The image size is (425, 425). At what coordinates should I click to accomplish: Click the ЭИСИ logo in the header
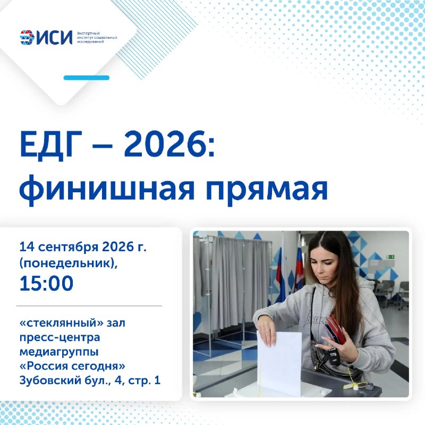[x=46, y=37]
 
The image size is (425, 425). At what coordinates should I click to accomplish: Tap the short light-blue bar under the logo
[x=87, y=78]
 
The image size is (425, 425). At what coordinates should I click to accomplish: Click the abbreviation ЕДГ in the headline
[x=50, y=144]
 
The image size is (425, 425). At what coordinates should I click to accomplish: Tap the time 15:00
[x=46, y=283]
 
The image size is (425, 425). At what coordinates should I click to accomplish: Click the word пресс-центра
[x=60, y=338]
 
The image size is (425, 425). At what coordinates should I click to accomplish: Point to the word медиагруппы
[x=59, y=352]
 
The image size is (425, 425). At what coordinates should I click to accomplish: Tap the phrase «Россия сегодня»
[x=72, y=366]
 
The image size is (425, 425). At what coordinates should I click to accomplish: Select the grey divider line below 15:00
[x=89, y=306]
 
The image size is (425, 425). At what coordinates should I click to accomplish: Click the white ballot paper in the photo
[x=279, y=363]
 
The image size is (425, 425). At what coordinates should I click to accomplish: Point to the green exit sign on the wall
[x=391, y=257]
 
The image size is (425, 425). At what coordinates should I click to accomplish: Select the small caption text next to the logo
[x=97, y=37]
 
